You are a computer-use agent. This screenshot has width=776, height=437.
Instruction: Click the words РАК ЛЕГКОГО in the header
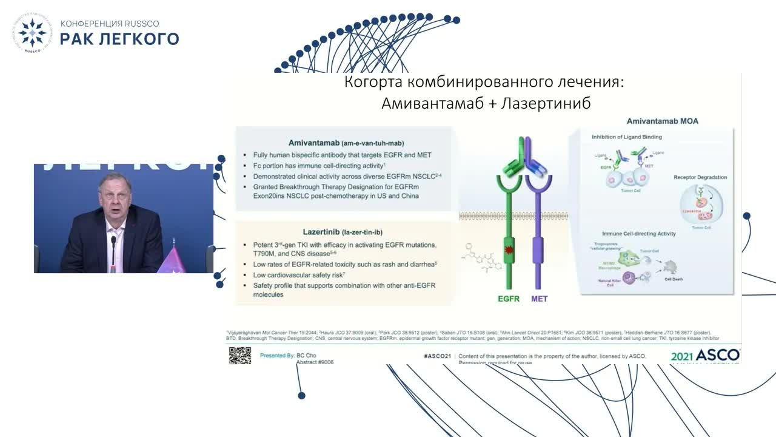[119, 39]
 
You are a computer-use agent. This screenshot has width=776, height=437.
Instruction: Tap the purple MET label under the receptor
[540, 299]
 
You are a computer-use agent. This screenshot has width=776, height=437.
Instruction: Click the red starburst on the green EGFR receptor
[508, 251]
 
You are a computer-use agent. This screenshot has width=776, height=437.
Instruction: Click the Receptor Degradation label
[700, 178]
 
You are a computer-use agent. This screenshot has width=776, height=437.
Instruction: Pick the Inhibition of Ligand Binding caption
[627, 137]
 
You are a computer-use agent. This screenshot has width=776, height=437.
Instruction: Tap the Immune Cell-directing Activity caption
[638, 234]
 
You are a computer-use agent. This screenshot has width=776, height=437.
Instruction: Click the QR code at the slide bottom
[240, 355]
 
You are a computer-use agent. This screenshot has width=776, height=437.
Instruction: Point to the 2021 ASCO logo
[705, 356]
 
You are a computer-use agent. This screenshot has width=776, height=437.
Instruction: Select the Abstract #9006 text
[315, 362]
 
